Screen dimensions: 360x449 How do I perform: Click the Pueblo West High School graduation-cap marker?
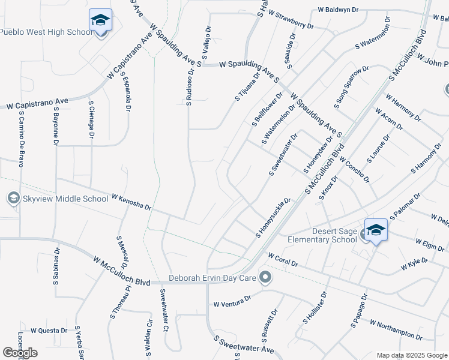click(100, 20)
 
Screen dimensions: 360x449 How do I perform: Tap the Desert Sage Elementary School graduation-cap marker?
click(376, 230)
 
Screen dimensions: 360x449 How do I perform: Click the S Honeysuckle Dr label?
click(274, 217)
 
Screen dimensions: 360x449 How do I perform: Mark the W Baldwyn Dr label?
click(338, 10)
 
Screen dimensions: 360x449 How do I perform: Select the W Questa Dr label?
click(49, 330)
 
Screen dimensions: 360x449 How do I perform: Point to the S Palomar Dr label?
click(405, 207)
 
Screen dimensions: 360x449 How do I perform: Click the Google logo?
click(20, 353)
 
